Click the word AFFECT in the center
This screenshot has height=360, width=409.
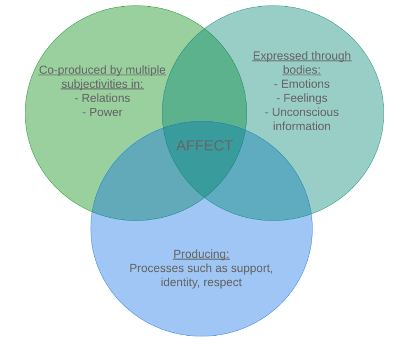point(204,146)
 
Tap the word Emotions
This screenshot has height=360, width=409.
point(305,84)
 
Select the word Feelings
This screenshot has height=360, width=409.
point(305,98)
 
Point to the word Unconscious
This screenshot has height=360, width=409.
point(305,112)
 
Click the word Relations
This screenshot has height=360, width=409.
point(106,98)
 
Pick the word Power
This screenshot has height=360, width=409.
point(106,112)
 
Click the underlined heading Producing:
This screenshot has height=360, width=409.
point(201,254)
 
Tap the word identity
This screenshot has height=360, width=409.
point(180,282)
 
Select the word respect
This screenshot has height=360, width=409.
point(222,282)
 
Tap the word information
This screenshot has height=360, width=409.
point(301,126)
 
